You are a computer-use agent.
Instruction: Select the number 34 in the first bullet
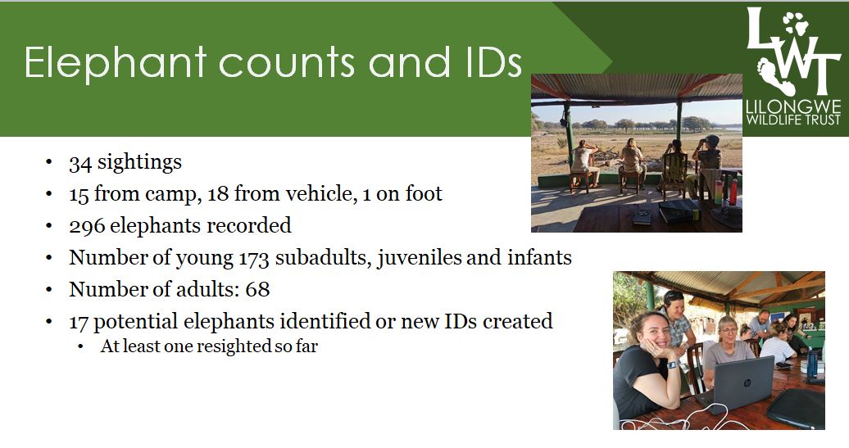tap(80, 163)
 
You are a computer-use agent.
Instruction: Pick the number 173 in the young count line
tap(253, 258)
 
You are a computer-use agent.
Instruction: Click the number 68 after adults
tap(257, 289)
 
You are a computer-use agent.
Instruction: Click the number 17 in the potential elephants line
tap(79, 321)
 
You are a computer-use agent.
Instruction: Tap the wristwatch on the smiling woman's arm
tap(672, 365)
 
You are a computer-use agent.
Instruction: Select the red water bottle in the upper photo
tap(733, 192)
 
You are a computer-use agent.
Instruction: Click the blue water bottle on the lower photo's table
tap(811, 363)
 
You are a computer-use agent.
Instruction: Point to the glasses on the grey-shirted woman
tap(729, 331)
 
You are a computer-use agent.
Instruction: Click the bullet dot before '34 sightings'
tap(49, 162)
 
